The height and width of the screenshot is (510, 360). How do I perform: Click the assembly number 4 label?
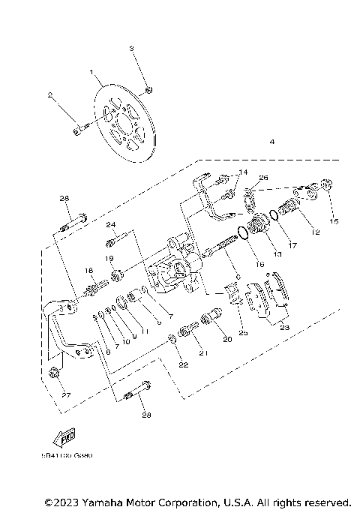272,142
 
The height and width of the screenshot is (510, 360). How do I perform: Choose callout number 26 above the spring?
262,178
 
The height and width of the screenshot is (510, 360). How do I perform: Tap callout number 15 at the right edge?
334,221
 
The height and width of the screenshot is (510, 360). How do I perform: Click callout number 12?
315,233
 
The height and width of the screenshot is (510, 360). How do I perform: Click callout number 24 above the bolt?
109,225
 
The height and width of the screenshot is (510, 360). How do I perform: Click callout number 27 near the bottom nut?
64,395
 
